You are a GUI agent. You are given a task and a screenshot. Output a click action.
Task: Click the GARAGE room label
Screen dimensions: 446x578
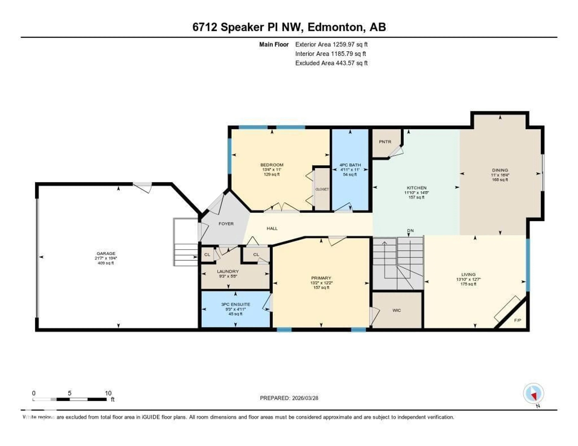click(x=106, y=253)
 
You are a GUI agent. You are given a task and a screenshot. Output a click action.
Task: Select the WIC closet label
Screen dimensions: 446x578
click(x=396, y=310)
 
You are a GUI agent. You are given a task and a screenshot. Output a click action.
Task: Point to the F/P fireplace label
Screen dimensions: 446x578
click(x=517, y=320)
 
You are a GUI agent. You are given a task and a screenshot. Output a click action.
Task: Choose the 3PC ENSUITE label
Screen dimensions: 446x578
click(x=236, y=304)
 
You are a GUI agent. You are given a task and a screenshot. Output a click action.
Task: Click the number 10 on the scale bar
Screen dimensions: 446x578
click(x=108, y=393)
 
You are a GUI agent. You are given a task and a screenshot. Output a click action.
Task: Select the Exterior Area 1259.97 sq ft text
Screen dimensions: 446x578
click(x=331, y=44)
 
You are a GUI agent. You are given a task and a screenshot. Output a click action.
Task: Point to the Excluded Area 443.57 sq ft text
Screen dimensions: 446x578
click(x=331, y=63)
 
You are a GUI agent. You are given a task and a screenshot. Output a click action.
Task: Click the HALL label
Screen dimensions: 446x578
click(x=272, y=228)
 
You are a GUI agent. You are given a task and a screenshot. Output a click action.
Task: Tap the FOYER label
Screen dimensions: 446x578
click(x=226, y=224)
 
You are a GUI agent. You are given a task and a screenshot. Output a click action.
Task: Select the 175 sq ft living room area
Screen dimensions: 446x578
click(x=468, y=284)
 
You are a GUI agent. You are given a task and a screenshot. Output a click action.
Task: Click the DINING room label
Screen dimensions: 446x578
click(x=500, y=170)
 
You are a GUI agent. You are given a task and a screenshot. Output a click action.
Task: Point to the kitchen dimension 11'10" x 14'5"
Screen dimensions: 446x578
click(x=416, y=192)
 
